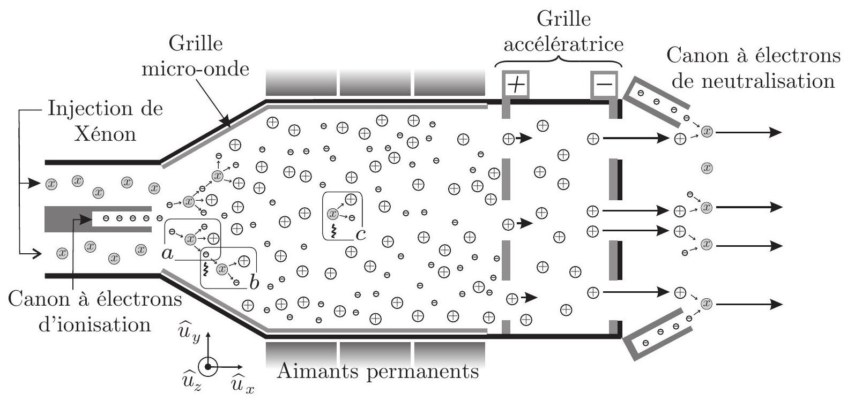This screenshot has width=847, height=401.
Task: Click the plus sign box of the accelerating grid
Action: (516, 84)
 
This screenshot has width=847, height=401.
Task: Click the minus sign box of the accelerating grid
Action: (604, 84)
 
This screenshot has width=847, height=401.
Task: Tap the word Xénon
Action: (105, 134)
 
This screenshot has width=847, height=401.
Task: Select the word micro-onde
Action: (195, 70)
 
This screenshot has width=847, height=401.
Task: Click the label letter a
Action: (167, 254)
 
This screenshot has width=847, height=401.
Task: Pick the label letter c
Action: (361, 235)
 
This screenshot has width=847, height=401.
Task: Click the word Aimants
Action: (317, 372)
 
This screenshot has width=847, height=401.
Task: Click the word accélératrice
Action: (563, 45)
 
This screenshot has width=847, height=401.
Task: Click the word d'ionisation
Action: (94, 325)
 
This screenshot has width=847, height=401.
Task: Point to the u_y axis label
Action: (189, 331)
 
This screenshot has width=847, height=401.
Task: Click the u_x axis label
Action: (243, 383)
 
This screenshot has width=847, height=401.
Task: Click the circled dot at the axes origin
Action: (207, 367)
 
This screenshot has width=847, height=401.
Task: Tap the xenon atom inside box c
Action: (332, 214)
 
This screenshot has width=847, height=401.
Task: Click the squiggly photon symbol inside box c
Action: (333, 230)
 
